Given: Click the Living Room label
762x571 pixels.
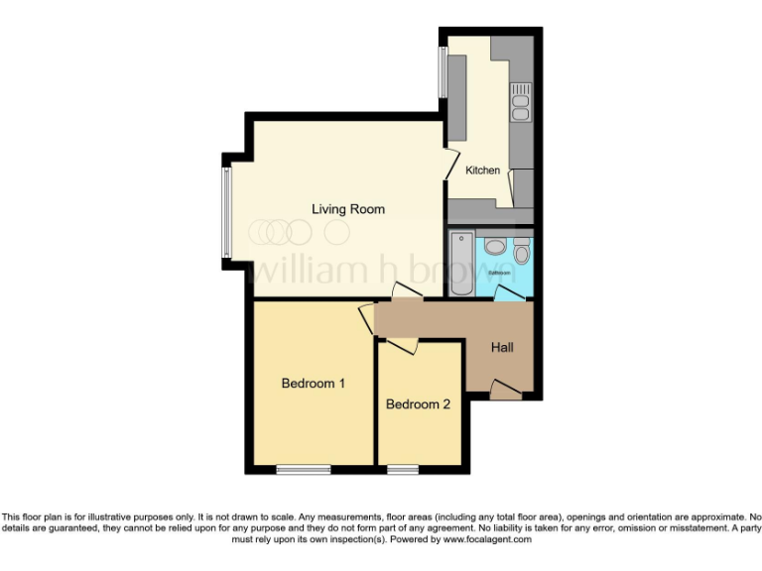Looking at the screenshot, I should click(347, 209).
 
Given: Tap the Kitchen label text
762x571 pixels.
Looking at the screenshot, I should click(483, 171).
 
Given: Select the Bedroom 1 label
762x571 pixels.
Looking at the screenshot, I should click(313, 384).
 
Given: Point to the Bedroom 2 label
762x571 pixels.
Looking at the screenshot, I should click(418, 404).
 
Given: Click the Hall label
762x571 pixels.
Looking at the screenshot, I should click(502, 348).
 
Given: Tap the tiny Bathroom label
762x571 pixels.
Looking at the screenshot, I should click(499, 272).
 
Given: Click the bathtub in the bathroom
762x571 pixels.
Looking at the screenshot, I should click(462, 263).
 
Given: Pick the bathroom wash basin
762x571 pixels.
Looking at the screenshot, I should click(496, 247).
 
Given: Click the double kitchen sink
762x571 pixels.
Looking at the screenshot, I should click(520, 102).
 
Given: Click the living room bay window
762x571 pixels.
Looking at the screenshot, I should click(226, 210).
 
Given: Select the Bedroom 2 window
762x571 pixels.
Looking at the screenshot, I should click(402, 469).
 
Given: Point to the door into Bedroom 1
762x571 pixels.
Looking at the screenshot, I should click(367, 319).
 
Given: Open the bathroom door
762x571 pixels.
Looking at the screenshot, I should click(510, 291).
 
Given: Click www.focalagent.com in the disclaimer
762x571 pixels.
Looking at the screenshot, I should click(487, 540).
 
